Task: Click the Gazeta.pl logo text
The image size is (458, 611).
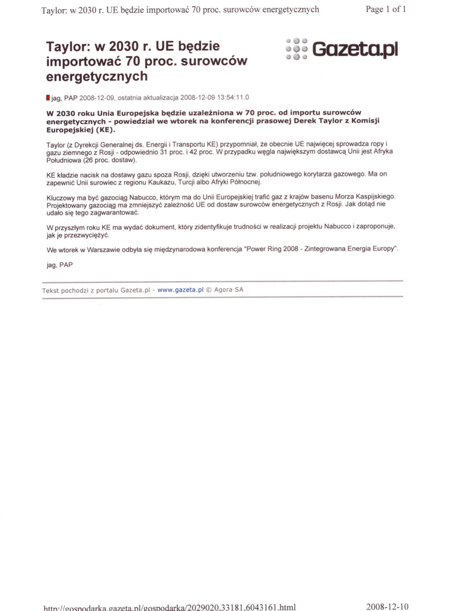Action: pyautogui.click(x=355, y=50)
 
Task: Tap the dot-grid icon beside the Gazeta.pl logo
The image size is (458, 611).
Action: pyautogui.click(x=296, y=49)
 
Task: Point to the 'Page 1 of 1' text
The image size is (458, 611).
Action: pyautogui.click(x=386, y=10)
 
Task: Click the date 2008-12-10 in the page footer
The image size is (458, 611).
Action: pyautogui.click(x=388, y=606)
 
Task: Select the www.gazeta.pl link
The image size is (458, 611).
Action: pyautogui.click(x=181, y=290)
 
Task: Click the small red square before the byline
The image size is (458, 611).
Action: pyautogui.click(x=48, y=97)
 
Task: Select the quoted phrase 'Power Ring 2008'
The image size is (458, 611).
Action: pyautogui.click(x=272, y=249)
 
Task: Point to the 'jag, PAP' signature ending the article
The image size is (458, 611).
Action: pyautogui.click(x=60, y=265)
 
